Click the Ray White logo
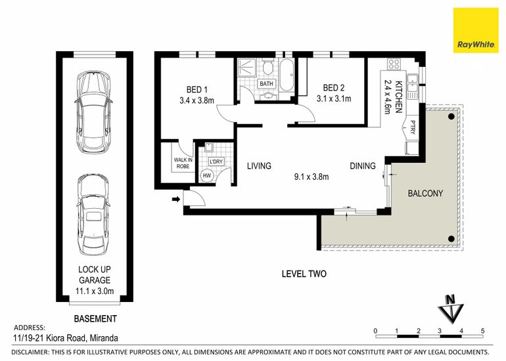click(x=476, y=30)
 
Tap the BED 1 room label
click(x=197, y=89)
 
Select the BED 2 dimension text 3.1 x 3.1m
click(x=334, y=98)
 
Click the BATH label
click(x=266, y=84)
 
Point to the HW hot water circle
click(x=206, y=175)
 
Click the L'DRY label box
click(x=216, y=161)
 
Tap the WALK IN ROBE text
click(x=183, y=163)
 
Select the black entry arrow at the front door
click(x=176, y=199)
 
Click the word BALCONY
click(x=425, y=194)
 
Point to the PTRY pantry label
click(x=413, y=127)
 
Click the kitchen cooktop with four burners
click(x=394, y=64)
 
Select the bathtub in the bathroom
click(x=287, y=75)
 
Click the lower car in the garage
click(x=94, y=215)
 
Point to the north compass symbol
click(x=451, y=308)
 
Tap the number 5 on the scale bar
click(x=483, y=331)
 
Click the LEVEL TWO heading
click(x=304, y=274)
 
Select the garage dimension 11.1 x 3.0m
click(x=95, y=291)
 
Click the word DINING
click(x=363, y=166)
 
